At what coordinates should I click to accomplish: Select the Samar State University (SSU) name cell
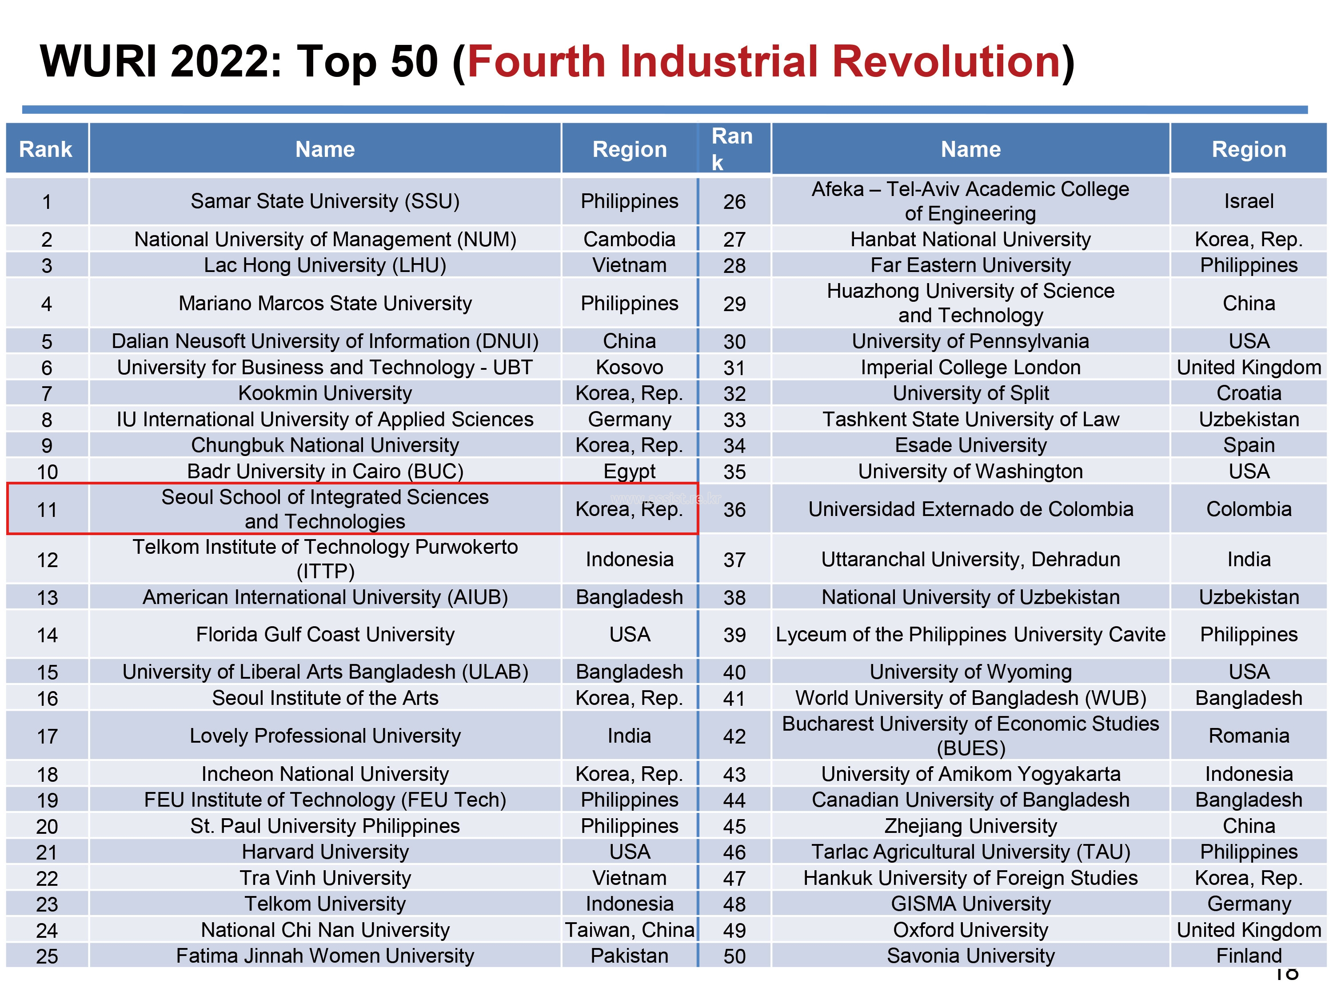tap(325, 201)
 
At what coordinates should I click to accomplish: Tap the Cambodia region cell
tap(629, 239)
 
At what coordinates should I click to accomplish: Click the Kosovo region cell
tap(629, 367)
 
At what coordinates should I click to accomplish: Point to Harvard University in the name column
tap(325, 852)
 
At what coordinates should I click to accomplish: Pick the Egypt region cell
tap(629, 471)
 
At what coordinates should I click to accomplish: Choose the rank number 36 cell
tap(734, 510)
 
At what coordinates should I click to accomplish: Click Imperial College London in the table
tap(970, 367)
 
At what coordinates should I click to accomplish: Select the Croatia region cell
tap(1249, 393)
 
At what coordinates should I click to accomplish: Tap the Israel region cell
tap(1249, 201)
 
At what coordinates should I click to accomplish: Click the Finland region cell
tap(1249, 956)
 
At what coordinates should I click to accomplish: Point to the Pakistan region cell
tap(629, 956)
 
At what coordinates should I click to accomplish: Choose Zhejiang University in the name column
tap(970, 826)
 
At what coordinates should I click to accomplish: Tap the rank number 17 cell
tap(47, 736)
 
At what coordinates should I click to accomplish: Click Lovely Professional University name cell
tap(325, 736)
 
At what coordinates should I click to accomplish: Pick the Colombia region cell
tap(1249, 509)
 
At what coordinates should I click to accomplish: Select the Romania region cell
tap(1249, 736)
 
